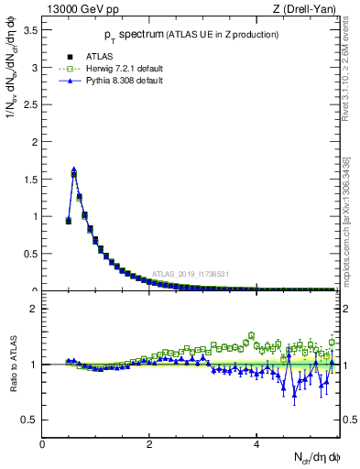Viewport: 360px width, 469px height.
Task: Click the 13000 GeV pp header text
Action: pyautogui.click(x=80, y=9)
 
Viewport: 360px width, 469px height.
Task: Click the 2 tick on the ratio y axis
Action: pyautogui.click(x=34, y=309)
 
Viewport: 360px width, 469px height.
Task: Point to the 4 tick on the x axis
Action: pyautogui.click(x=256, y=443)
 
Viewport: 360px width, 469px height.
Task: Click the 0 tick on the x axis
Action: pyautogui.click(x=42, y=443)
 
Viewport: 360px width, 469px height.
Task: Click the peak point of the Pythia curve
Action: pyautogui.click(x=74, y=169)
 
